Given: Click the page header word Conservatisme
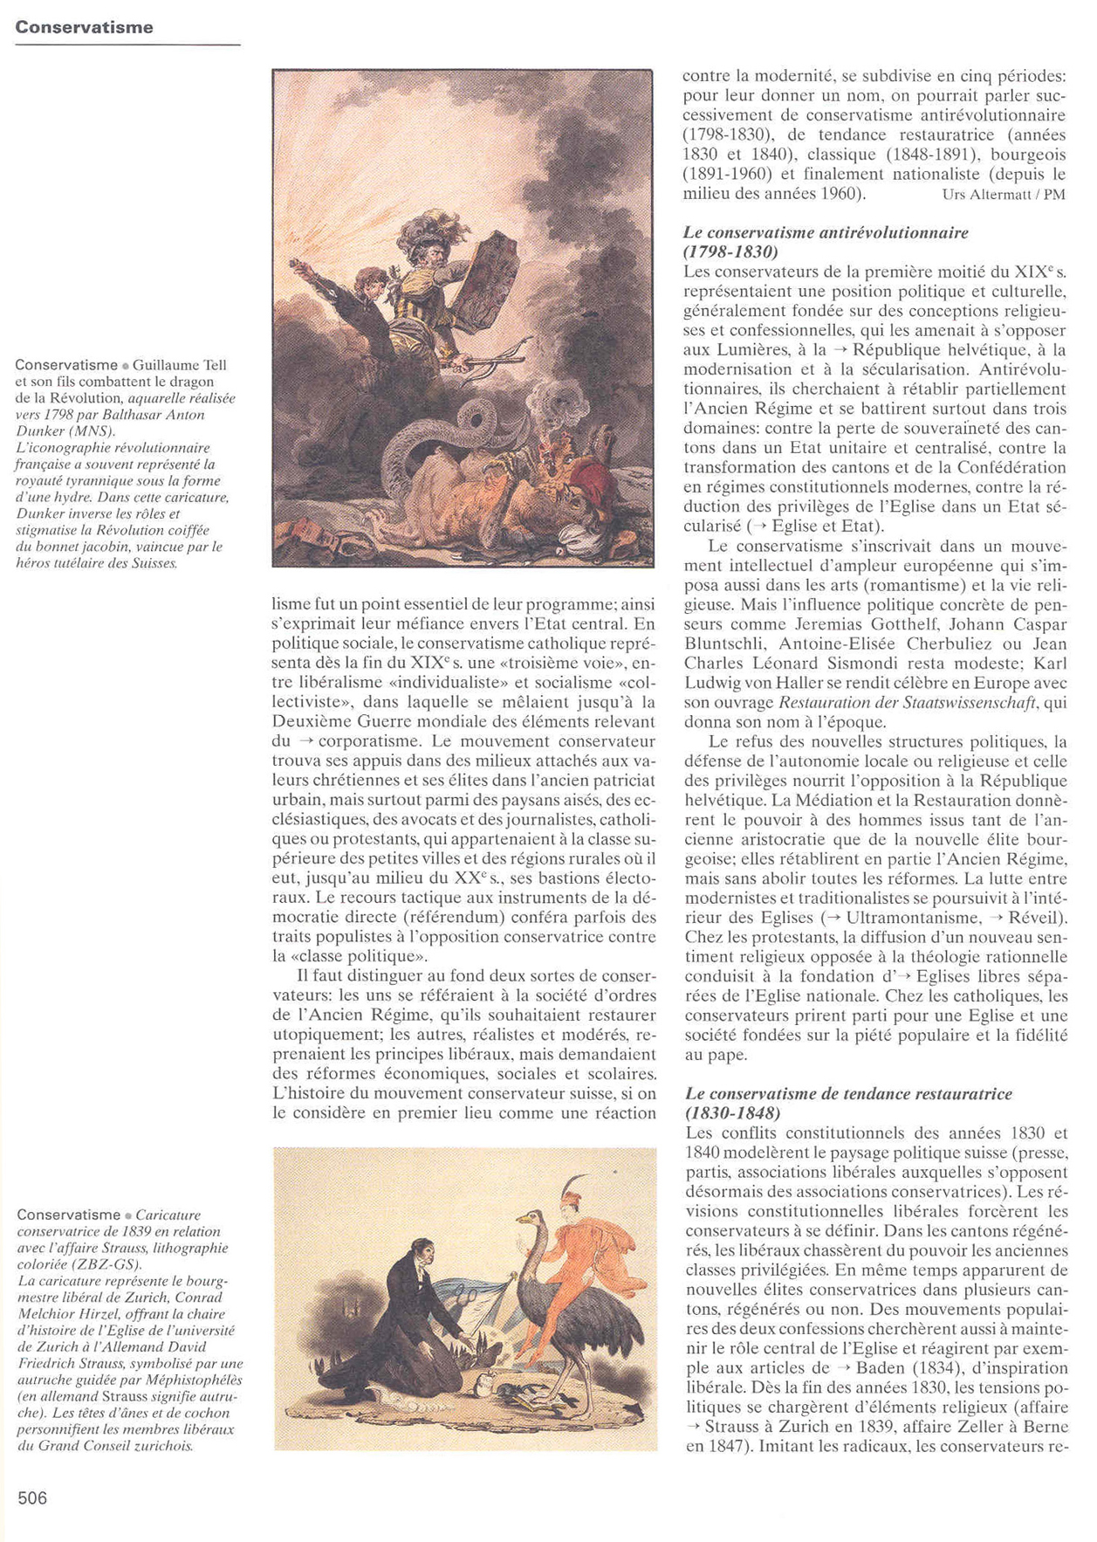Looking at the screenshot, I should (84, 27).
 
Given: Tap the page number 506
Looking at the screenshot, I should (32, 1498).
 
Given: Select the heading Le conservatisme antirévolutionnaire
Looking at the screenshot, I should (826, 232).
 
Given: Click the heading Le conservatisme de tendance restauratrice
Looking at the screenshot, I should (848, 1093).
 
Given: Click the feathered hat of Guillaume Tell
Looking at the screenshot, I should (428, 229).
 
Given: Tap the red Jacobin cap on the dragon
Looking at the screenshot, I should (595, 482).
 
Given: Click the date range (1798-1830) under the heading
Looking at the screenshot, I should (730, 251).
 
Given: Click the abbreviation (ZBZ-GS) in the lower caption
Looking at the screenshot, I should (113, 1263).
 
